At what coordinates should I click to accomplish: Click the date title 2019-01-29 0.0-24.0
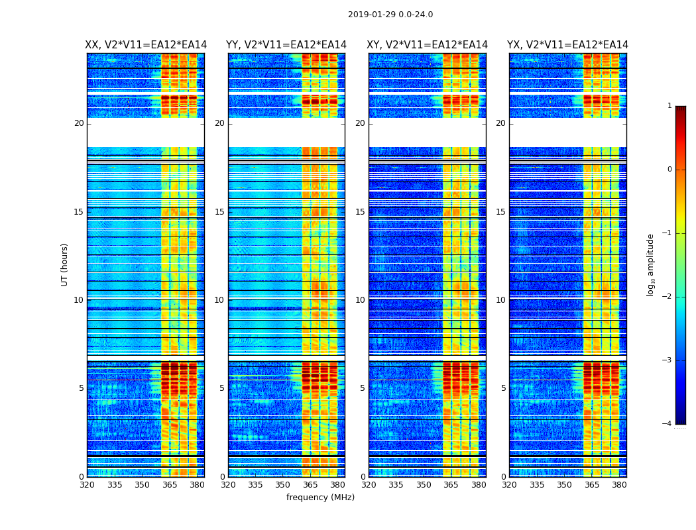[x=390, y=15]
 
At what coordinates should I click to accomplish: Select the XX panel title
[x=146, y=45]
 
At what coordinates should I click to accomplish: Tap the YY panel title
[x=286, y=45]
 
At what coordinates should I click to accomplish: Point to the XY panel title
[x=428, y=45]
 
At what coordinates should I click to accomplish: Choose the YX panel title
[x=568, y=45]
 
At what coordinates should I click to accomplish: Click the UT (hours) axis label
[x=64, y=264]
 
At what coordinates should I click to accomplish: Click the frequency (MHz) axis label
[x=320, y=498]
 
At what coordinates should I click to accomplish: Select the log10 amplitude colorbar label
[x=651, y=264]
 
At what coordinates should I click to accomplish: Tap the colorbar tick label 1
[x=669, y=106]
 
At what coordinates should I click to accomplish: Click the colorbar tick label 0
[x=669, y=170]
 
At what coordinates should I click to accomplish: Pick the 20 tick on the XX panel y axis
[x=79, y=123]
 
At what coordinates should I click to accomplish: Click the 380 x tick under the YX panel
[x=619, y=485]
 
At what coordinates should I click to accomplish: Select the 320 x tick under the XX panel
[x=87, y=485]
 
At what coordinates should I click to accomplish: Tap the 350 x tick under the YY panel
[x=283, y=485]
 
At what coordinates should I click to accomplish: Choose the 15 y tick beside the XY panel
[x=360, y=212]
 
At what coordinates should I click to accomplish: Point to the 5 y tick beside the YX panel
[x=503, y=388]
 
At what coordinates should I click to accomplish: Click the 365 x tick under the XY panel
[x=451, y=485]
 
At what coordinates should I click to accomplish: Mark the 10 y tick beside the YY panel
[x=219, y=300]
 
